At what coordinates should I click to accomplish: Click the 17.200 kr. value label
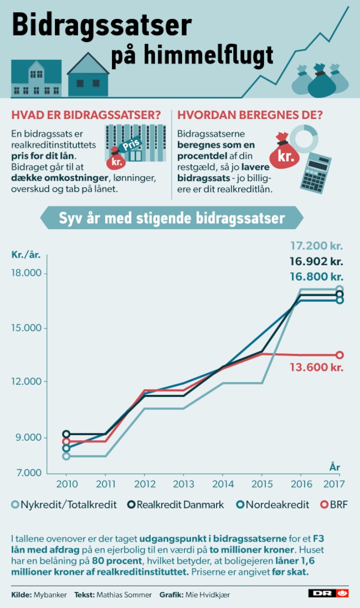pos(316,245)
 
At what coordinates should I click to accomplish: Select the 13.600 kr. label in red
pos(316,367)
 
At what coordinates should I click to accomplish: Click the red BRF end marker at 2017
pos(339,355)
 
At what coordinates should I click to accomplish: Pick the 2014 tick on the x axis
pos(223,484)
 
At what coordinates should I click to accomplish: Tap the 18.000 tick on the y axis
pos(28,273)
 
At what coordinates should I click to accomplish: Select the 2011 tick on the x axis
pos(105,484)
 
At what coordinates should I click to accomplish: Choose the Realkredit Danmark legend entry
pos(175,504)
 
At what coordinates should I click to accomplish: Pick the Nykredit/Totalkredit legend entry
pos(64,504)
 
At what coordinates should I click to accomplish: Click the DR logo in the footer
pos(328,593)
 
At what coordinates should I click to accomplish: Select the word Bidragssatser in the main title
pos(101,26)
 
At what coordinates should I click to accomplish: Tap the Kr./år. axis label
pos(25,254)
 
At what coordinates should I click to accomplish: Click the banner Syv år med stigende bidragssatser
pos(171,218)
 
